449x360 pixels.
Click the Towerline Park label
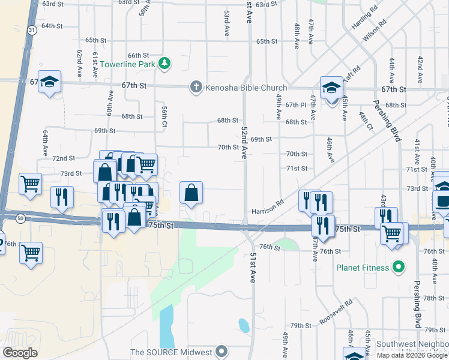127,64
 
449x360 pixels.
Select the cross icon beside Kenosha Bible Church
195,87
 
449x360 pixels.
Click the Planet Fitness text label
363,267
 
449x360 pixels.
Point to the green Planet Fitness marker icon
397,266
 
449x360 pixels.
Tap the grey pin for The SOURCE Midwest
222,352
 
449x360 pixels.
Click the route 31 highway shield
31,30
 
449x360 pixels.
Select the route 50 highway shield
21,219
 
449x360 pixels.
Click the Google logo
20,352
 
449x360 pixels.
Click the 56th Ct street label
164,116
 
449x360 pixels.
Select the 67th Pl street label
296,105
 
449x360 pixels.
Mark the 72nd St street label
64,158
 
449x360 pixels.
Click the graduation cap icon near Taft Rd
330,88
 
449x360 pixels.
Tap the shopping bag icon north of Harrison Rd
191,193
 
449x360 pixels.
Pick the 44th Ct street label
366,121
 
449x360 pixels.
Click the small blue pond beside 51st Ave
244,325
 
